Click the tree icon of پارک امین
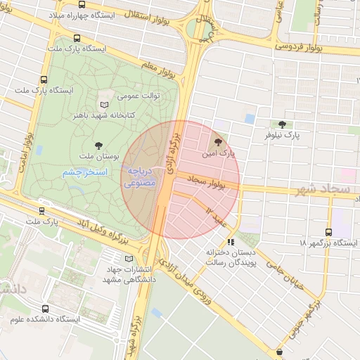pyautogui.click(x=226, y=143)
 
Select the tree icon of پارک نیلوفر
pyautogui.click(x=282, y=124)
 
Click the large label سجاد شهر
pyautogui.click(x=321, y=190)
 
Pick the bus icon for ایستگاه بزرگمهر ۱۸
pyautogui.click(x=329, y=232)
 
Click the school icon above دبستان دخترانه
pyautogui.click(x=231, y=243)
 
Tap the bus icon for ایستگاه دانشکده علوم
pyautogui.click(x=46, y=309)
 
